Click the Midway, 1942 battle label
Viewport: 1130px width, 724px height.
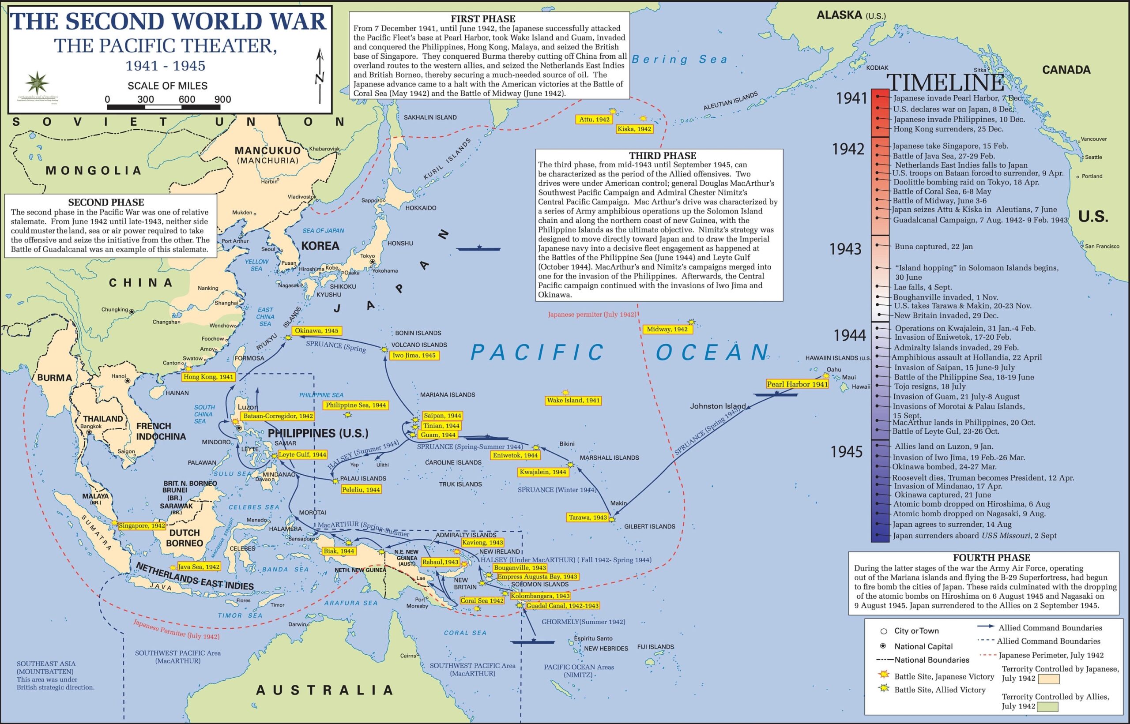coord(667,329)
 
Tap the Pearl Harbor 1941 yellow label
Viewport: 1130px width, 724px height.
coord(797,384)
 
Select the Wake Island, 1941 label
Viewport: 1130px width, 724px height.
coord(573,401)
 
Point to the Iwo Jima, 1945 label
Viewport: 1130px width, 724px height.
coord(414,356)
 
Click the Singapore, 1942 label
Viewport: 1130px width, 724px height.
coord(142,525)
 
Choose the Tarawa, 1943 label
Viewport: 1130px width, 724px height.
coord(588,518)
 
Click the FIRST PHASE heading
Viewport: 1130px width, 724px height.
coord(482,19)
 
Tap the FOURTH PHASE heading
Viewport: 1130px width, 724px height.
coord(991,558)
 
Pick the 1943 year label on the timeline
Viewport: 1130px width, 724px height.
coord(845,249)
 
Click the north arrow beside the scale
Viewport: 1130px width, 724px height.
coord(320,75)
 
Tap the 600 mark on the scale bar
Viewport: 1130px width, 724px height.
coord(187,99)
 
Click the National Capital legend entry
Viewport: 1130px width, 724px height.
coord(923,646)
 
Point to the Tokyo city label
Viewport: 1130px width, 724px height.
coord(367,256)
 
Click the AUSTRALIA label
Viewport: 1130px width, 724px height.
coord(324,690)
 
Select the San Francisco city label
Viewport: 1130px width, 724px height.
coord(1101,246)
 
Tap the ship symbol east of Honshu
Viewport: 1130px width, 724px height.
coord(479,248)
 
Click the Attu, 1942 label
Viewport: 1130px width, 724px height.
coord(594,120)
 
